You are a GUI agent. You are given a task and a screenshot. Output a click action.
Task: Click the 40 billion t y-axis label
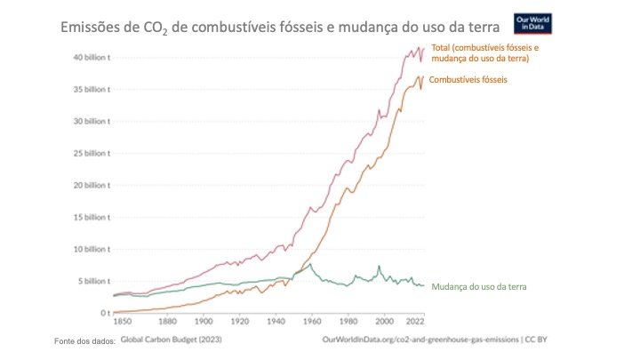(x=91, y=57)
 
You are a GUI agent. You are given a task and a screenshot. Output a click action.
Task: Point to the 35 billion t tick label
(x=91, y=89)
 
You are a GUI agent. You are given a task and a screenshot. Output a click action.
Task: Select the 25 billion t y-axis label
(x=91, y=153)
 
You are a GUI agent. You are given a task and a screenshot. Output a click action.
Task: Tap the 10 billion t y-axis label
(x=91, y=249)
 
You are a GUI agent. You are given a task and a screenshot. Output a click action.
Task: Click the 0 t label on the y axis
(x=103, y=313)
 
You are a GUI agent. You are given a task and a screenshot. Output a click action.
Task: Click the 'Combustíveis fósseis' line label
(x=468, y=80)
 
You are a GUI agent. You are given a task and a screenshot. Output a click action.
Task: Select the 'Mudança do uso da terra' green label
(x=479, y=286)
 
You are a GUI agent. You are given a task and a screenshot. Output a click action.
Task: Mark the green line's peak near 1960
(x=310, y=264)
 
